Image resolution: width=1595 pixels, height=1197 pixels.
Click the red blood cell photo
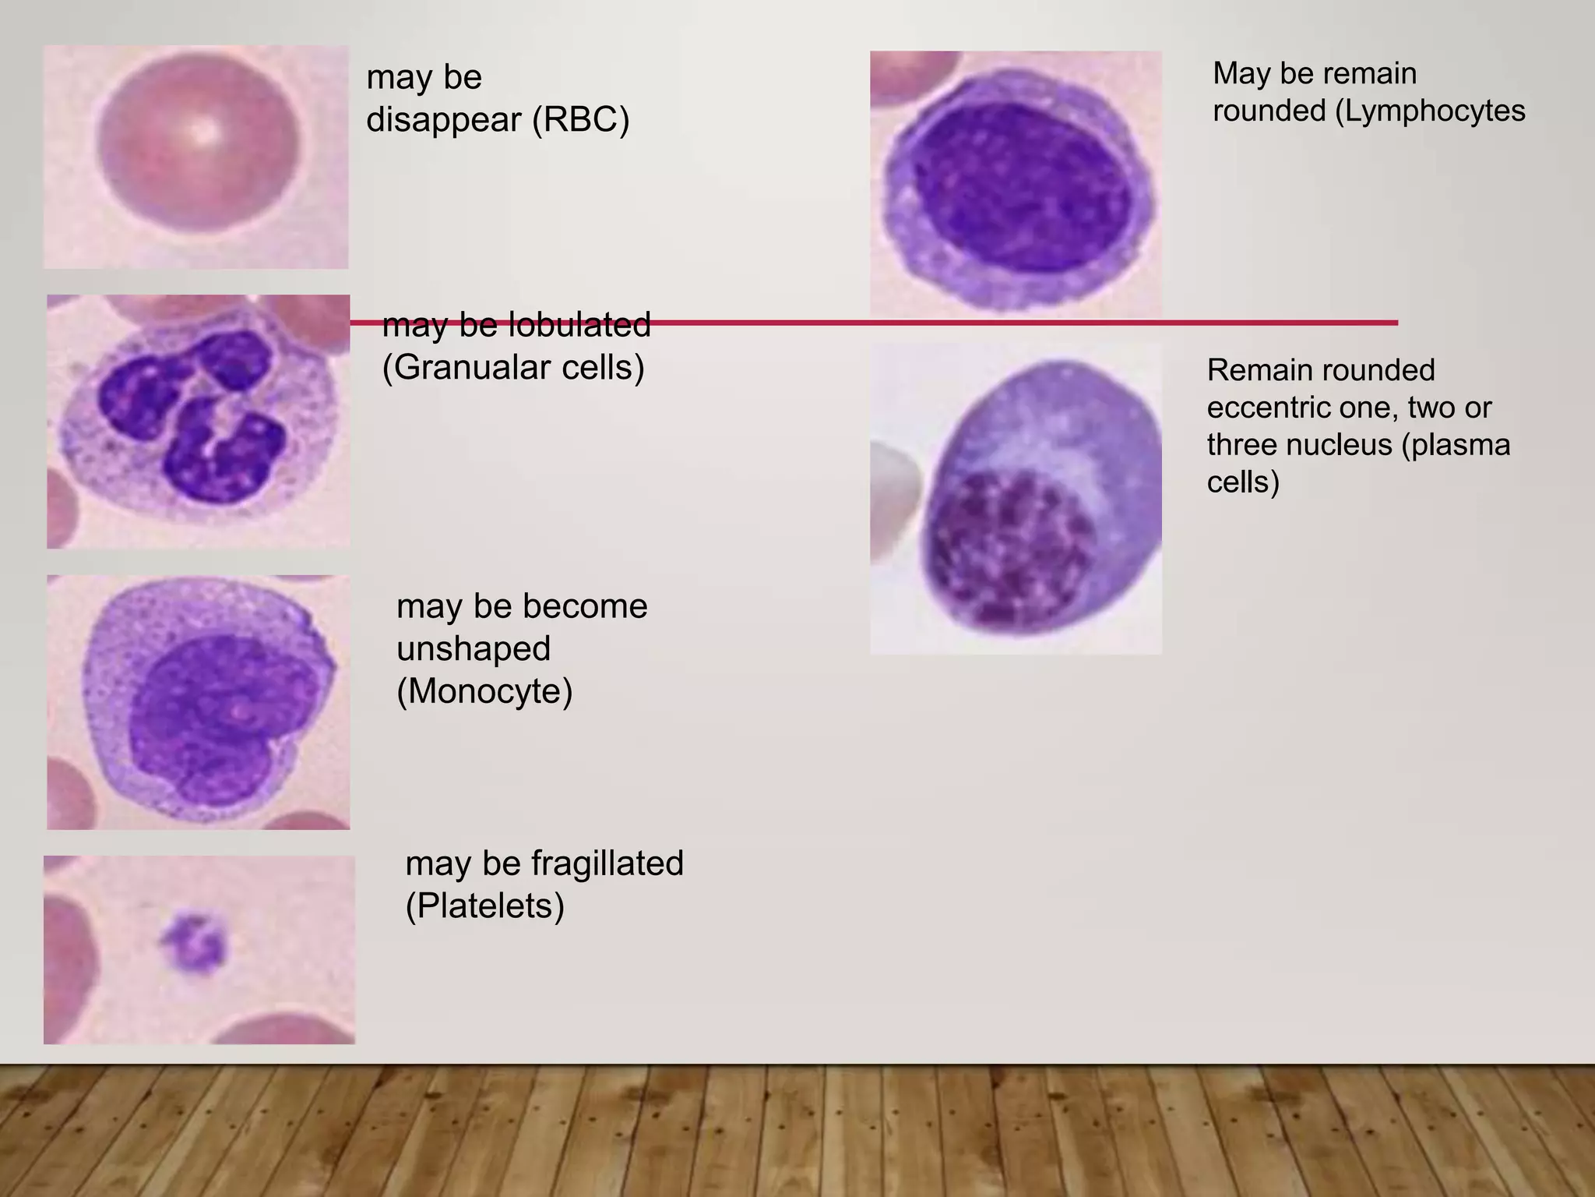click(195, 157)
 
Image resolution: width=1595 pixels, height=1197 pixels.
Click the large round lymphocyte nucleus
click(1020, 187)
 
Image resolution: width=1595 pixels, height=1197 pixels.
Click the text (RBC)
click(580, 119)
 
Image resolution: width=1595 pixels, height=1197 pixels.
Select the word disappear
click(444, 119)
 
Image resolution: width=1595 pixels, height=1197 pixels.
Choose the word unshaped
click(474, 648)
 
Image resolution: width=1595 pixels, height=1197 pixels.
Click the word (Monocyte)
click(484, 690)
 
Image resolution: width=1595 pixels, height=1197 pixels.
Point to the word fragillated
click(607, 863)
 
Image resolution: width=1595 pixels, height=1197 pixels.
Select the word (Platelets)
click(484, 906)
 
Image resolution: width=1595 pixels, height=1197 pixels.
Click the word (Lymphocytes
click(1430, 111)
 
